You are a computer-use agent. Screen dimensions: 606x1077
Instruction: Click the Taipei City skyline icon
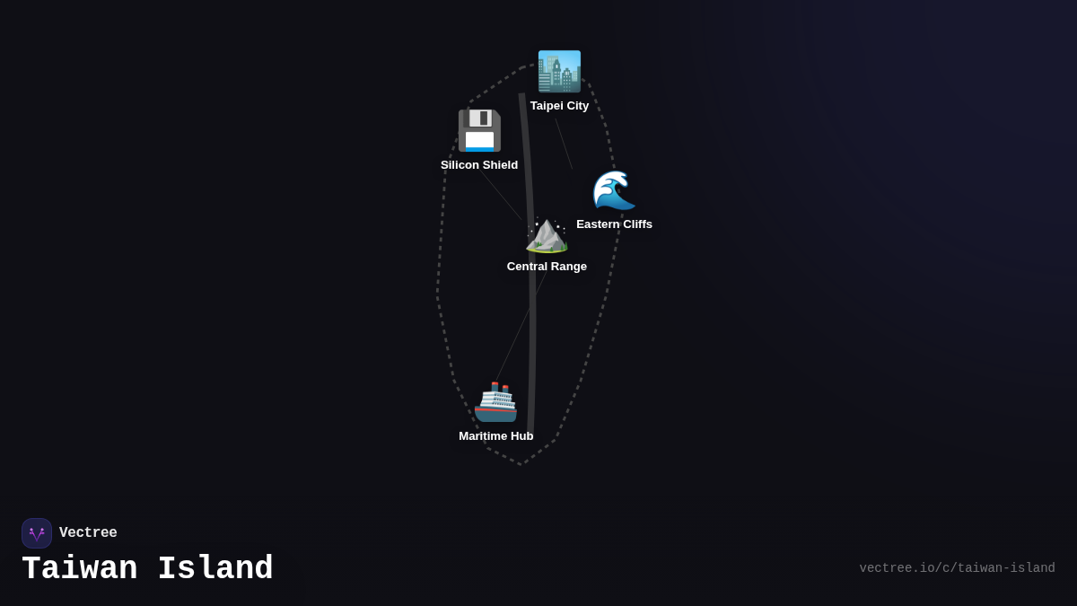(559, 72)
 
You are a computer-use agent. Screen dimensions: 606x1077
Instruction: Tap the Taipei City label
(559, 106)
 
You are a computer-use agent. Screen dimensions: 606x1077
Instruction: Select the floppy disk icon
(479, 131)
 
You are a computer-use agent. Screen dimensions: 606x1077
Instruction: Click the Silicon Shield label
(479, 165)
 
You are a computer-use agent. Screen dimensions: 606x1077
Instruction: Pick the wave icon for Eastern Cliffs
(614, 190)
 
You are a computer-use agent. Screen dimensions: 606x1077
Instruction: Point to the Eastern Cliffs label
(614, 224)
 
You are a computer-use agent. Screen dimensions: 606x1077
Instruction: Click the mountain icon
(547, 233)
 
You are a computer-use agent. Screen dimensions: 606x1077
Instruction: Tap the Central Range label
(547, 267)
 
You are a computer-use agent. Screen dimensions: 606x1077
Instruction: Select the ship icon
(495, 402)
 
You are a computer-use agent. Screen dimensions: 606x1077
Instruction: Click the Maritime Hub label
(495, 436)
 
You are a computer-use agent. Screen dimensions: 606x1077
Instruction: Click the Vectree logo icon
(37, 533)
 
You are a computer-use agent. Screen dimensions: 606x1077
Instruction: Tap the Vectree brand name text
(88, 533)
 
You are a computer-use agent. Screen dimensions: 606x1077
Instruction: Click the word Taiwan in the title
(80, 569)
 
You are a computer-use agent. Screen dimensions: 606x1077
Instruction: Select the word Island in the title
(215, 569)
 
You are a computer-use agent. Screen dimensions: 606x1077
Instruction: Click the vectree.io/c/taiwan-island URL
(957, 568)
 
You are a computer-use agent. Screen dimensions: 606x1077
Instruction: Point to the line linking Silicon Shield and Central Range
(503, 197)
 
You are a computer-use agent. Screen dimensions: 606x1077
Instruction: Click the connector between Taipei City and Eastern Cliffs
(564, 144)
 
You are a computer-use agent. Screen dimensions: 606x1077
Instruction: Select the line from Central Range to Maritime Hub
(521, 328)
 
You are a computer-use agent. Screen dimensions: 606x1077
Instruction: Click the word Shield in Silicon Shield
(499, 165)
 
